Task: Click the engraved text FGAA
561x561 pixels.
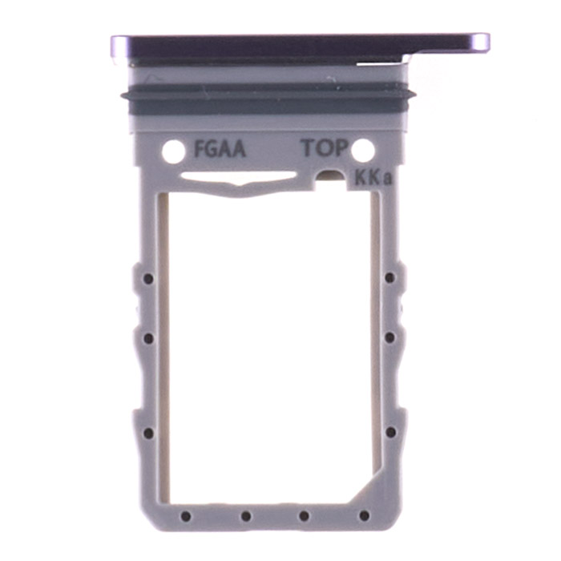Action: coord(220,149)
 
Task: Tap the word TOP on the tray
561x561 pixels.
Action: coord(325,148)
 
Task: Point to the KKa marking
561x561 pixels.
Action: coord(373,178)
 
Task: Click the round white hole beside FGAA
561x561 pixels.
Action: coord(174,151)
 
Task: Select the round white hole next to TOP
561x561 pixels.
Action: coord(363,149)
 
